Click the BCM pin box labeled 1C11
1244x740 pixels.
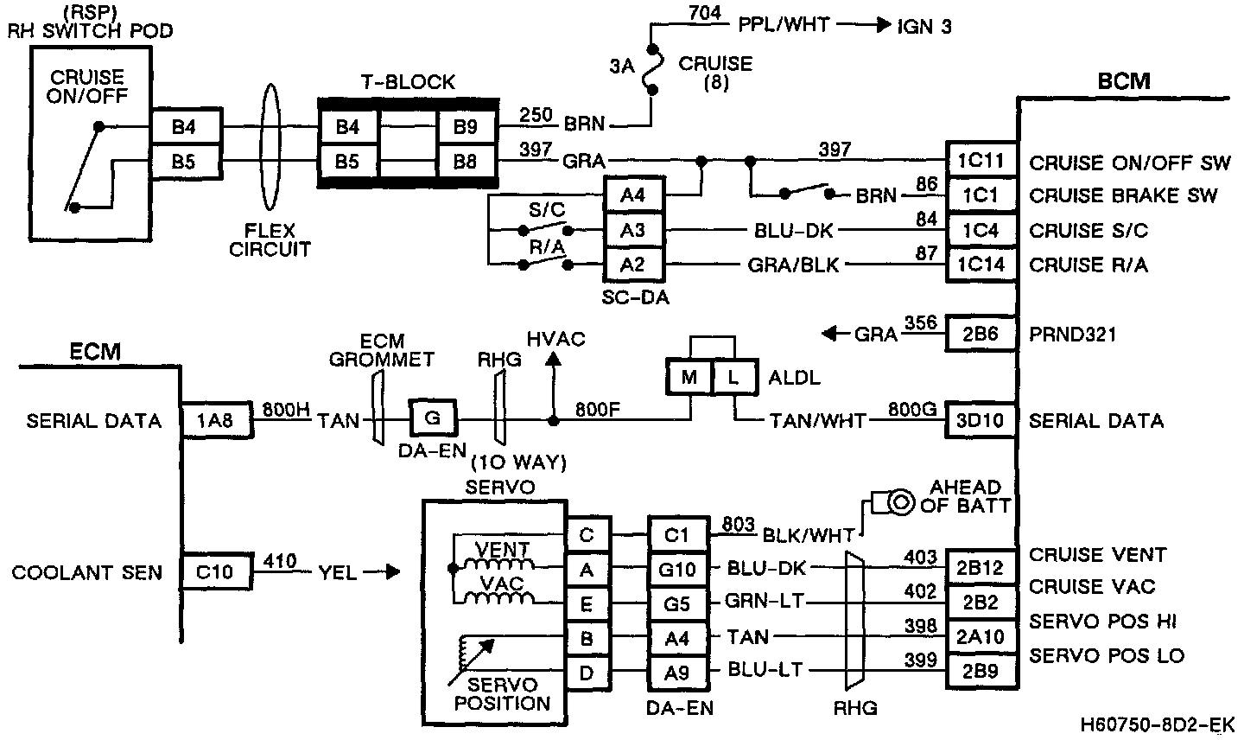point(980,162)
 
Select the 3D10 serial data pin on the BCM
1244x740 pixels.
point(980,420)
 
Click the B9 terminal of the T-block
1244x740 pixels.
point(466,128)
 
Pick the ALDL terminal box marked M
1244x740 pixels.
point(689,378)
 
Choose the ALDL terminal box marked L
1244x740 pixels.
point(733,378)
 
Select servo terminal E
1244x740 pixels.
point(587,603)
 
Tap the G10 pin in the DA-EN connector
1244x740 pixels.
point(677,569)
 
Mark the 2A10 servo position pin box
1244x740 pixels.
point(980,637)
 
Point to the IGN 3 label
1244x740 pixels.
point(924,26)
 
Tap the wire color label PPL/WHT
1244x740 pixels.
point(784,24)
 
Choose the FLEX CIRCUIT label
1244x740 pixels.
point(270,240)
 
